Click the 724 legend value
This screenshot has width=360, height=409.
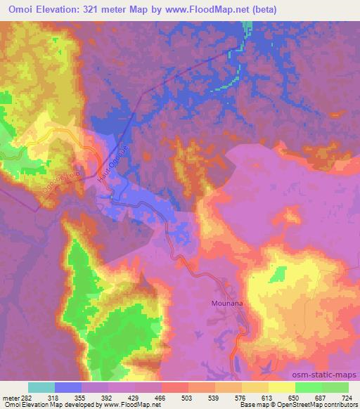click(x=347, y=397)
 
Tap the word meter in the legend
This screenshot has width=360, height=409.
click(x=11, y=397)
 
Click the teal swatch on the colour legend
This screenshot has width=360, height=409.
click(x=41, y=387)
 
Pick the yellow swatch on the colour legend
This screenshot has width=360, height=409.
click(x=282, y=387)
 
